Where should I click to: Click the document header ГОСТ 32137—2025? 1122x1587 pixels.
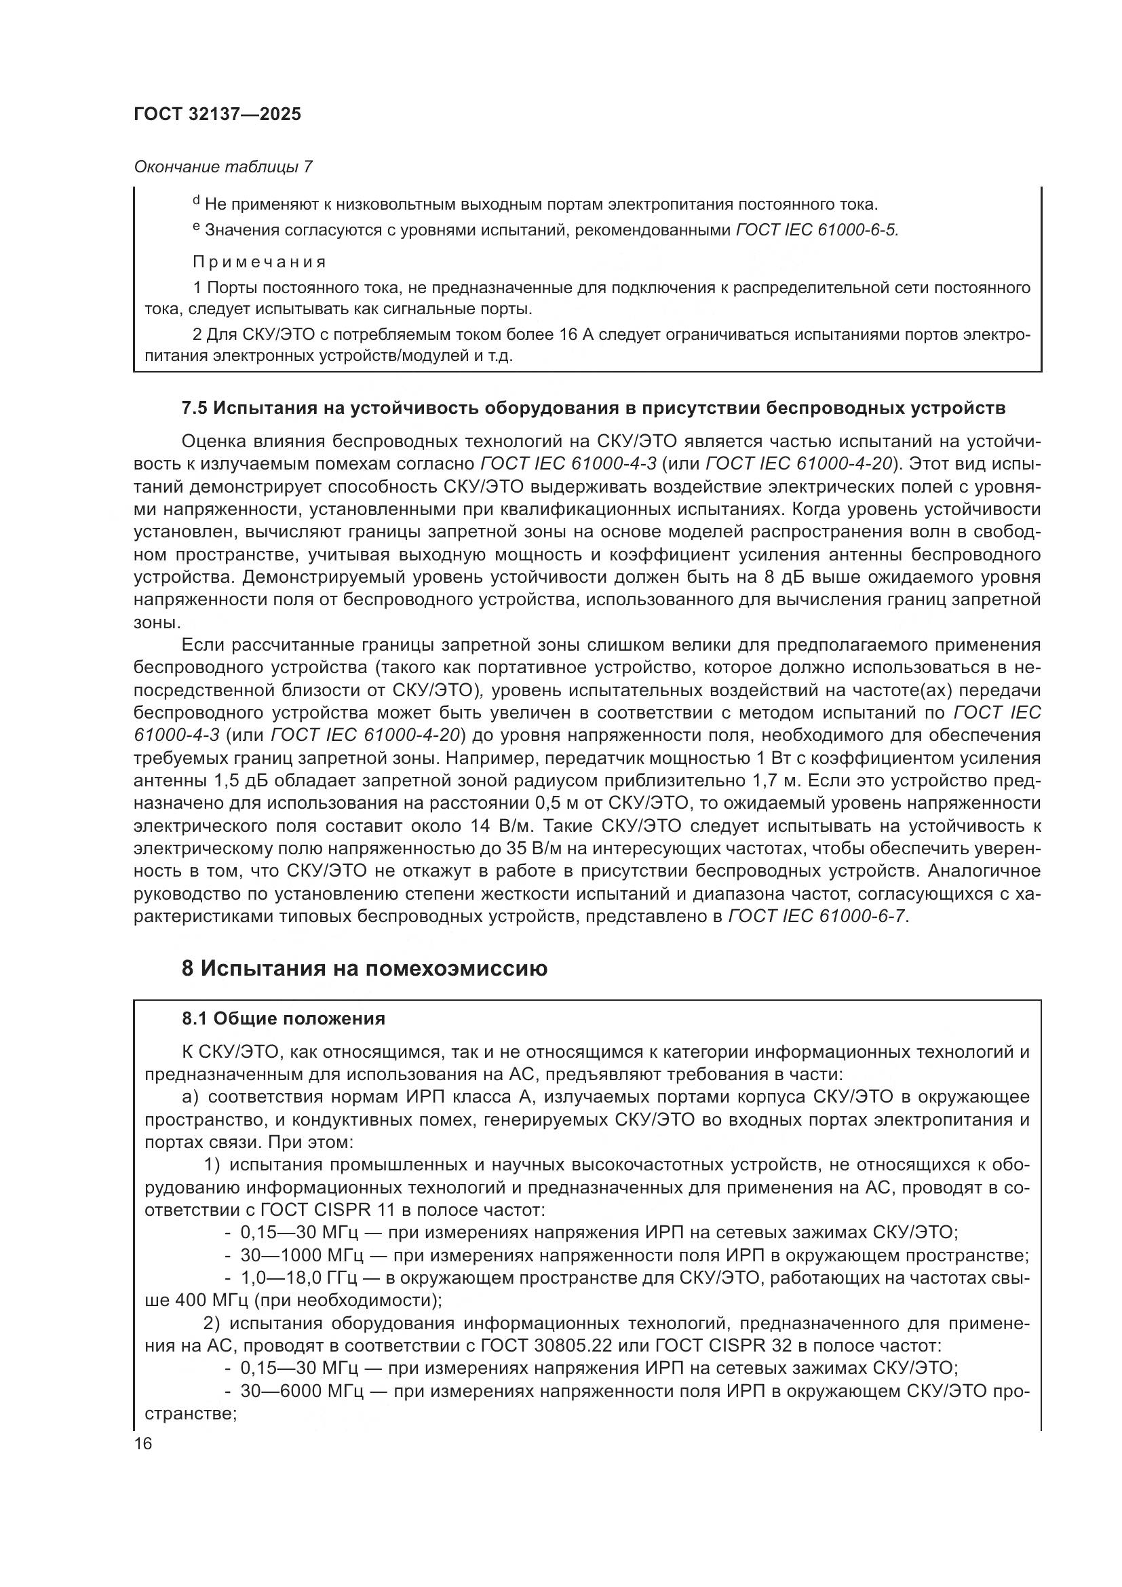click(x=218, y=115)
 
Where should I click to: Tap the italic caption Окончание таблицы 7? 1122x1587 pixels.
click(x=223, y=167)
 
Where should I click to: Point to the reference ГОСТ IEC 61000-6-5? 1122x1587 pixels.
click(x=817, y=230)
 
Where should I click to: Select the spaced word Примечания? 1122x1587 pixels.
click(x=259, y=262)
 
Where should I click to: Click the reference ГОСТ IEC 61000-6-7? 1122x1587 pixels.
click(x=818, y=917)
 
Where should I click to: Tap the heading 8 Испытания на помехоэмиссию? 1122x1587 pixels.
click(x=364, y=968)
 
